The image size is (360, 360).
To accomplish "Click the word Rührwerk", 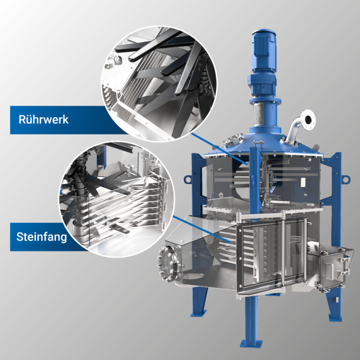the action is point(43,119).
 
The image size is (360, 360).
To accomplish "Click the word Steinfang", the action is point(41,237).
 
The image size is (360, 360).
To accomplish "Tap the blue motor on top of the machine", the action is point(263,52).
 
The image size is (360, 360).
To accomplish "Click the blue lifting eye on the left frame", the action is point(188,179).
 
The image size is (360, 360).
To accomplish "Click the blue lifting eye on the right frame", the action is point(346,179).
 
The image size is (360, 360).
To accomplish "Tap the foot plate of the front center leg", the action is point(251,344).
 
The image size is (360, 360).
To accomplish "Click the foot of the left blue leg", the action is point(199,313).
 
